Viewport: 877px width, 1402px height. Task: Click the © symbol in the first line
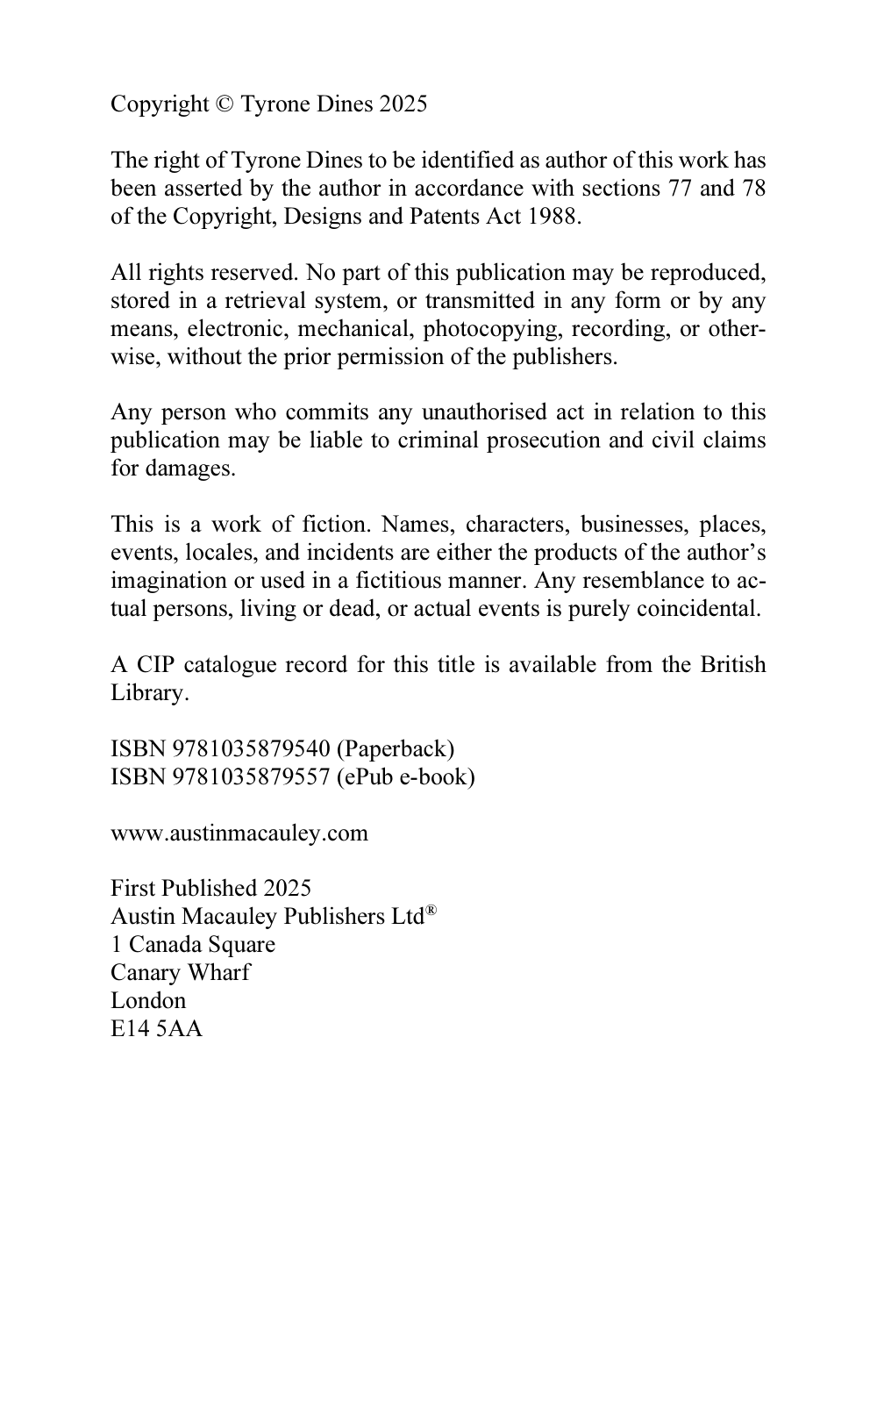tap(225, 104)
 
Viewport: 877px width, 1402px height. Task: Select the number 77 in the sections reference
tap(681, 189)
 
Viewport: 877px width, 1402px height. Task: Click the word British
tap(732, 665)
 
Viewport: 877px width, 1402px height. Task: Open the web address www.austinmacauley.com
tap(239, 833)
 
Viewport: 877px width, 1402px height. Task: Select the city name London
tap(148, 1001)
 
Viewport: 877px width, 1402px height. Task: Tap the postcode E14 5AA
tap(156, 1029)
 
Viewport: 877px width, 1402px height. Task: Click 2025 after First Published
tap(287, 889)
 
